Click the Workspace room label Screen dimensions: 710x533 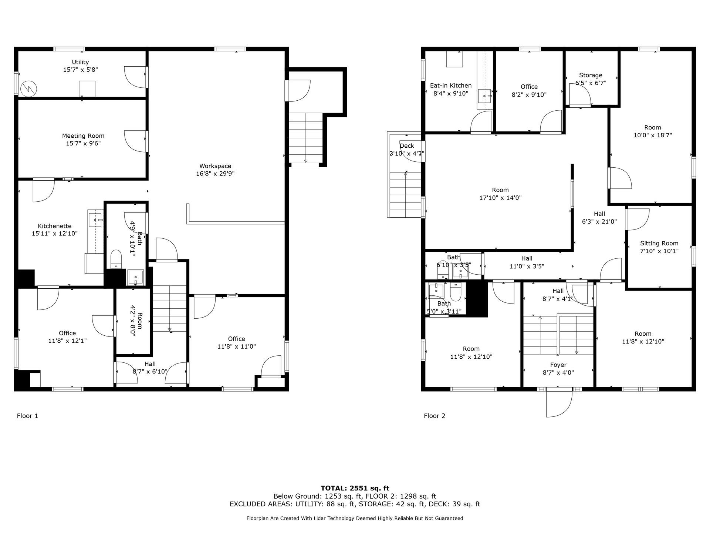point(215,166)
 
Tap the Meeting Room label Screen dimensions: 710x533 point(83,136)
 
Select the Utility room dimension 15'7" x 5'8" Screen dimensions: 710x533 point(80,70)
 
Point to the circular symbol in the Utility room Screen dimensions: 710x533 point(29,88)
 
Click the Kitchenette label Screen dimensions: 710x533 point(55,226)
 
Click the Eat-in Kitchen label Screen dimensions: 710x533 point(451,86)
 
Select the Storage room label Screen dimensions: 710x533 point(591,75)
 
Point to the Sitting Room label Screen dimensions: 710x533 point(659,243)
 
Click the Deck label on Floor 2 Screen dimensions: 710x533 point(407,146)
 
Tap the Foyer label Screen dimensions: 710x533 point(558,365)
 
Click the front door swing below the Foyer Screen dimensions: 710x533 point(559,404)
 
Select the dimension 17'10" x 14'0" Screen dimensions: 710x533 point(500,198)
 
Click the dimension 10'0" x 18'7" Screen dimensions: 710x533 point(653,135)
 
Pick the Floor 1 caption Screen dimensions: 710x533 point(27,416)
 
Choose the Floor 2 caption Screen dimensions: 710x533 point(435,416)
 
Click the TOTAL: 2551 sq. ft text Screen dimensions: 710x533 point(355,488)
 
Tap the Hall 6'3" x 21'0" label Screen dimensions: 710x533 point(599,218)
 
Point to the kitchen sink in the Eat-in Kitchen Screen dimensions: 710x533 point(485,96)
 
